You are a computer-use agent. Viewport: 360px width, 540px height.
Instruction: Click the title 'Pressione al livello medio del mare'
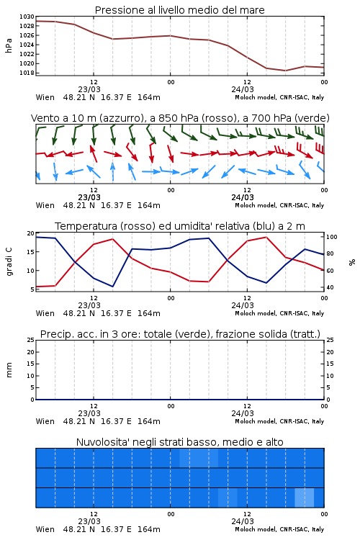click(x=179, y=10)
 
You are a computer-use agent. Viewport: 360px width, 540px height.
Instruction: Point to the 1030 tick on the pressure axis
click(x=27, y=17)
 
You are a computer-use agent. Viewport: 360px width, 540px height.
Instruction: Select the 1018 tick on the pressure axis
click(x=27, y=73)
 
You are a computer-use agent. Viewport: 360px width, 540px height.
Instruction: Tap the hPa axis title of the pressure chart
click(x=9, y=45)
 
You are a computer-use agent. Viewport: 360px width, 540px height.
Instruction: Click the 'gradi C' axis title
click(x=9, y=261)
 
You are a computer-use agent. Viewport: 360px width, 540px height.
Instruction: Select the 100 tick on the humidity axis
click(x=332, y=237)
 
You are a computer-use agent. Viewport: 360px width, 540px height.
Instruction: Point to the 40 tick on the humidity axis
click(x=330, y=287)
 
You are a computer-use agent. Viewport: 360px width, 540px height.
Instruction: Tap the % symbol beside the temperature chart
click(x=352, y=262)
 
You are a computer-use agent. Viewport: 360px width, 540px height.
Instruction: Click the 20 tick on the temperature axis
click(x=30, y=233)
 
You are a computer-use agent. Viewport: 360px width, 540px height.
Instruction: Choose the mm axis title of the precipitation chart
click(x=9, y=370)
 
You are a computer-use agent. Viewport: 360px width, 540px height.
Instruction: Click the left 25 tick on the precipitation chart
click(x=30, y=340)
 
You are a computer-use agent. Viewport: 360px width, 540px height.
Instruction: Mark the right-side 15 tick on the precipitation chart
click(x=330, y=364)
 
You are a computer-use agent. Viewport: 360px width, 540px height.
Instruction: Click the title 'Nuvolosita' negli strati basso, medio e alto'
click(x=179, y=442)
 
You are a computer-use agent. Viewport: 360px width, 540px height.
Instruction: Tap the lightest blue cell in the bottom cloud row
click(x=304, y=498)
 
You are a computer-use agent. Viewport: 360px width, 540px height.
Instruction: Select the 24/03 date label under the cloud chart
click(x=243, y=521)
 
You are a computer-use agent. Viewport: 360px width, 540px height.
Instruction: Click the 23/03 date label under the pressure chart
click(x=89, y=89)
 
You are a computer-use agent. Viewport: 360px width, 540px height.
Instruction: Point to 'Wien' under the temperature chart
click(x=45, y=313)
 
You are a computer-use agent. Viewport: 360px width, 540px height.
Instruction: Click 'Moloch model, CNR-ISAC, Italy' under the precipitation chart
click(x=279, y=421)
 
